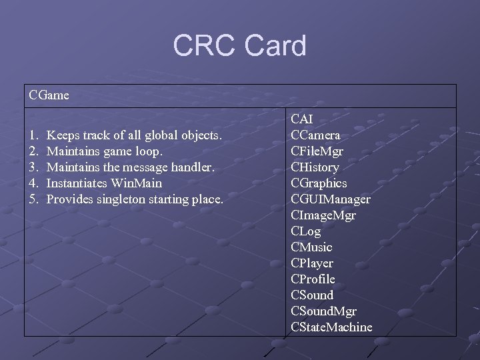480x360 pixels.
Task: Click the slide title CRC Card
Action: [239, 46]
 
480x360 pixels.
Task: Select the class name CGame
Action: [49, 95]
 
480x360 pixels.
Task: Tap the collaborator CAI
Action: [302, 119]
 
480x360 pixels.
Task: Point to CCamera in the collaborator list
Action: [315, 135]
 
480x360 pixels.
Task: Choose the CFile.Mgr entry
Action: [317, 151]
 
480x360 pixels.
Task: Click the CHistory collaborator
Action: [315, 167]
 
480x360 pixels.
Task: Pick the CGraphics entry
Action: [319, 183]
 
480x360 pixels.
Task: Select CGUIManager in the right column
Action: [331, 199]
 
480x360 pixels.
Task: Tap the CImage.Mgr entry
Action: [323, 215]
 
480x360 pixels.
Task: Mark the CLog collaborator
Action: [306, 231]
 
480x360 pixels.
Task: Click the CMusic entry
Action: [311, 247]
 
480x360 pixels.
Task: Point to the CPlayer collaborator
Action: [312, 263]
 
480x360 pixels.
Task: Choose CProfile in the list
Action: [313, 279]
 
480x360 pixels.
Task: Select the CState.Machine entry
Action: [331, 327]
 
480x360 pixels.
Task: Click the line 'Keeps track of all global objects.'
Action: [135, 135]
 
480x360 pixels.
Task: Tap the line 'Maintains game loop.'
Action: [105, 151]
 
